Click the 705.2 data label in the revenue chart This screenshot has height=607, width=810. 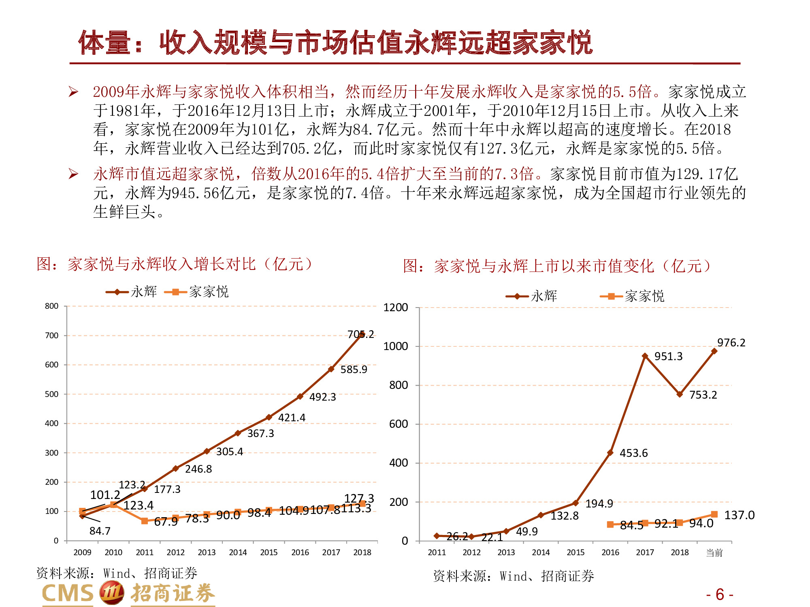tap(360, 334)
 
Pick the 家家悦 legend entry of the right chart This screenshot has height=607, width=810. tap(632, 296)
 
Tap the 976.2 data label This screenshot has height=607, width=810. tap(731, 343)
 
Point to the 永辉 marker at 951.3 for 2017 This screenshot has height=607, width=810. tap(645, 356)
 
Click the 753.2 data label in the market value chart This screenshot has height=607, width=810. tap(703, 395)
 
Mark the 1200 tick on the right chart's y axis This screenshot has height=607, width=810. tap(396, 308)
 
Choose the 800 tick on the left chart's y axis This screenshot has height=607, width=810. tap(51, 306)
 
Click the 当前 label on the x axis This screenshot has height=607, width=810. tap(714, 552)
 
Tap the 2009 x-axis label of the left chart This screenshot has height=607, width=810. tap(82, 552)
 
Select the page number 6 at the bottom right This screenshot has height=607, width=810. tap(720, 594)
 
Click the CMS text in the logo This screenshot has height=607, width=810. tap(68, 594)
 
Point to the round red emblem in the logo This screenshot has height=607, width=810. tap(112, 593)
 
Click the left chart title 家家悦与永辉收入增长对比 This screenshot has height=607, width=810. tap(174, 264)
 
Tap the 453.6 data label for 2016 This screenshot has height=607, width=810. tap(633, 453)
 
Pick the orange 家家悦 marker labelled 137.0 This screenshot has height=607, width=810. tap(714, 514)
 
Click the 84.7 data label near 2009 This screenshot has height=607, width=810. tap(100, 531)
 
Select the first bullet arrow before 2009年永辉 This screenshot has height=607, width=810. tap(73, 92)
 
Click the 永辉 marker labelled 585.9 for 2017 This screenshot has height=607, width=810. tap(331, 369)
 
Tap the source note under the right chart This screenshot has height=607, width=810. tap(513, 576)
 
